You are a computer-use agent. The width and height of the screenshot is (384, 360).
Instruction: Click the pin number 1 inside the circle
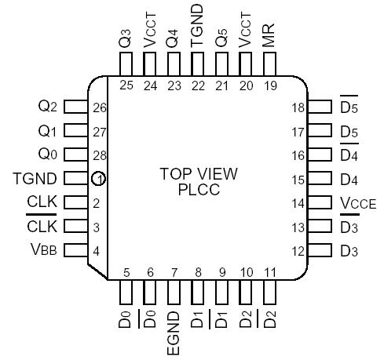click(98, 180)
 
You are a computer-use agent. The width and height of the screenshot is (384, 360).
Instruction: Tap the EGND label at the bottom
click(174, 335)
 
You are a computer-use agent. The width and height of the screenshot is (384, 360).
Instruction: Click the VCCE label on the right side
click(358, 204)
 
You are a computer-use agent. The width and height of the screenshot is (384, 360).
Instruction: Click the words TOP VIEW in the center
click(199, 173)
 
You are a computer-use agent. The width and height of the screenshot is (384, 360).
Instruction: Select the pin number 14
click(297, 203)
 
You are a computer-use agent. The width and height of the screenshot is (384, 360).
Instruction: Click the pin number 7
click(174, 273)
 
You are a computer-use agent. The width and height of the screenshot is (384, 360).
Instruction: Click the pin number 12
click(297, 251)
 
